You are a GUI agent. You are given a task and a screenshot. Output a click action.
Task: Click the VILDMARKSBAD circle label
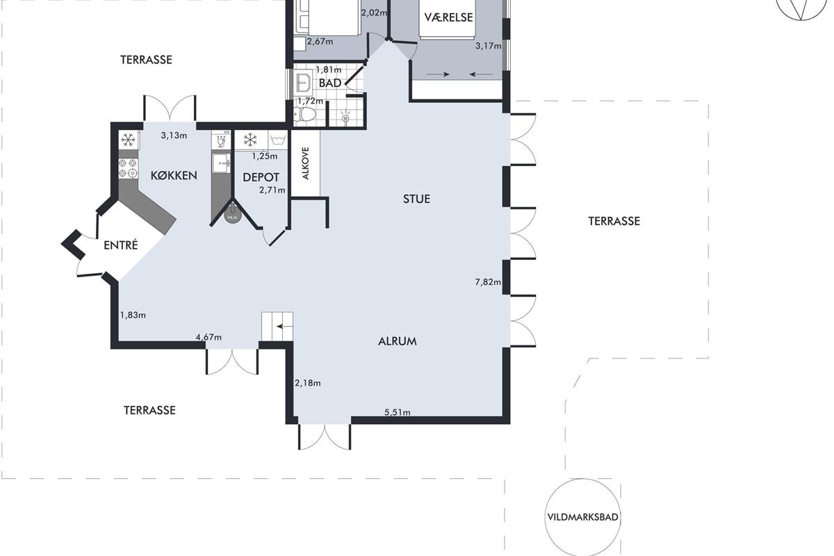582,517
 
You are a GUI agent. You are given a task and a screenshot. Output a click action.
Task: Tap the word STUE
416,199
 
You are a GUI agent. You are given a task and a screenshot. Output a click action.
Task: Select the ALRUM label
398,341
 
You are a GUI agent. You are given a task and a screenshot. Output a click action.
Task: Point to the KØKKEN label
174,175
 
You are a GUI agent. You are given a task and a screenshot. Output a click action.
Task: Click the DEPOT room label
261,177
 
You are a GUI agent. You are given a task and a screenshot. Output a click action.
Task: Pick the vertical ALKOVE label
306,163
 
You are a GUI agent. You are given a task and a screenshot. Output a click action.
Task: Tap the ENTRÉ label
121,245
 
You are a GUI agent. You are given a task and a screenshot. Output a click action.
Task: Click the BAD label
330,83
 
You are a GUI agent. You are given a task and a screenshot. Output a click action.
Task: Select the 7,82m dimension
488,282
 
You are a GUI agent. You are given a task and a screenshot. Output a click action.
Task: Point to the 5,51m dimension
398,412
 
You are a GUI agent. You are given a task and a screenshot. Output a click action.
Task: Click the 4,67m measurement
208,337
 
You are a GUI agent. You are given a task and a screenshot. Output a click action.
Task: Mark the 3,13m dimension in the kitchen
174,136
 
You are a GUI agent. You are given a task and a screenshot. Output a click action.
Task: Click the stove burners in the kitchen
128,168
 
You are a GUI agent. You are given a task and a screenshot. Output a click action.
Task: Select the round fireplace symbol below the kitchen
232,216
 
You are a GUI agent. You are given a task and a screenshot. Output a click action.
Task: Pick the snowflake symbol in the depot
250,140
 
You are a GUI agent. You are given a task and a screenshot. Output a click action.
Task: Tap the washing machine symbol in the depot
278,140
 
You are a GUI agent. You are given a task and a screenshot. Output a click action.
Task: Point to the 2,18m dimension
307,383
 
